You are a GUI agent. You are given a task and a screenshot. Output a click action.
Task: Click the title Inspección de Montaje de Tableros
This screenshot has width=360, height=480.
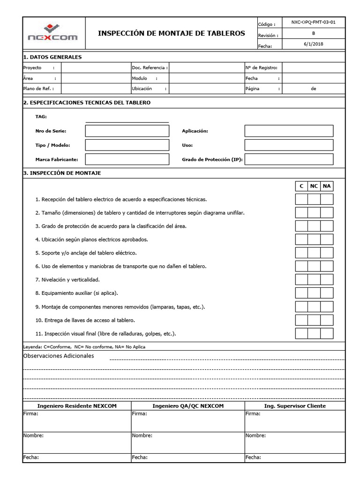[x=171, y=33]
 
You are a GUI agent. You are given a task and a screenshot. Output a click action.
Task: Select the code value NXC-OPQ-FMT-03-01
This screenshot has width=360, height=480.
[x=313, y=22]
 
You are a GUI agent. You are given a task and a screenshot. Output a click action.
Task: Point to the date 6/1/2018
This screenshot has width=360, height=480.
[x=313, y=44]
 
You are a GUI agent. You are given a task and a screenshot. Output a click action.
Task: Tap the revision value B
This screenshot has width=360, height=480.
[x=313, y=33]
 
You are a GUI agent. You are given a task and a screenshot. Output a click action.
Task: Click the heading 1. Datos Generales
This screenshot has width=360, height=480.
[x=52, y=57]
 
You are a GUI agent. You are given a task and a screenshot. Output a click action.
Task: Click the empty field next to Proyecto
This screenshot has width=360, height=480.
[x=96, y=68]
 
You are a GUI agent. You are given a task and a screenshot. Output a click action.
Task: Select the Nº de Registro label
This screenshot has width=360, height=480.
[x=262, y=68]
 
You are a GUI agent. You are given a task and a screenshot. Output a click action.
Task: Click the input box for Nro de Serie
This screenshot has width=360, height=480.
[x=127, y=131]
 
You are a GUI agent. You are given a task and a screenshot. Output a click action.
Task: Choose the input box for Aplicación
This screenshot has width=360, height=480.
[x=289, y=131]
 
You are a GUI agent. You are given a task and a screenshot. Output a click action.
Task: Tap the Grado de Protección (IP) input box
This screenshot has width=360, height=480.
[x=289, y=159]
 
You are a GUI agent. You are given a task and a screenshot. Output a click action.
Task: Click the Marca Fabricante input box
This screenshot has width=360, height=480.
[x=127, y=159]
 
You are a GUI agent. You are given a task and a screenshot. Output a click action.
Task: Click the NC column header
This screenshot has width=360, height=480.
[x=314, y=186]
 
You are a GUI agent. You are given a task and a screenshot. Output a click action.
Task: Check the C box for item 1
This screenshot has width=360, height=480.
[x=301, y=200]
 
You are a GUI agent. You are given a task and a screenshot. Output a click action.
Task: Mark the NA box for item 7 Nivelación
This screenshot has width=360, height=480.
[x=327, y=280]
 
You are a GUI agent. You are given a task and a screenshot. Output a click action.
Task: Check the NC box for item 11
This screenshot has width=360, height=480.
[x=314, y=333]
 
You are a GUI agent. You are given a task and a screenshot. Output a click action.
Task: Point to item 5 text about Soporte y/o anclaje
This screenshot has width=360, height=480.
[x=86, y=253]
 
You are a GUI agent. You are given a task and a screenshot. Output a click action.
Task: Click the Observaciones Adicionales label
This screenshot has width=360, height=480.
[x=59, y=356]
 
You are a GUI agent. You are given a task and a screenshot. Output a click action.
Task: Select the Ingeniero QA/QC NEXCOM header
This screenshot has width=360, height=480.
[x=188, y=405]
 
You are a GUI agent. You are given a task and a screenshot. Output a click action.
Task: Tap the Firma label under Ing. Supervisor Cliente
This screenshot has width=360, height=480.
[x=253, y=414]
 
